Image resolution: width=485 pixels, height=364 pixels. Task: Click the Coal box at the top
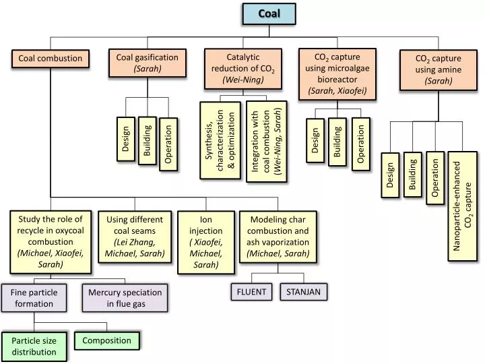tap(269, 13)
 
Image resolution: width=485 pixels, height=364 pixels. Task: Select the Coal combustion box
tap(50, 59)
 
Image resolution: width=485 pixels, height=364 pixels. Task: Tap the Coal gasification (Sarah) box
tap(147, 63)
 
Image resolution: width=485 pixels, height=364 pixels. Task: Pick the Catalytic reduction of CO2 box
tap(243, 69)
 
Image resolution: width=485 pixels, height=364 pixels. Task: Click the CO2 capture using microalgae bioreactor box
tap(337, 73)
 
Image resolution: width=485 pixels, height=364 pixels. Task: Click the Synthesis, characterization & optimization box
tap(220, 140)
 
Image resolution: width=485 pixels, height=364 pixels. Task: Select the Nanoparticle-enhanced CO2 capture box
tap(463, 206)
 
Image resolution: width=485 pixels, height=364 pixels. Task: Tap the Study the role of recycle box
tap(50, 241)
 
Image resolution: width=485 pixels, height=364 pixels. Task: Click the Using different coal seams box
tap(135, 237)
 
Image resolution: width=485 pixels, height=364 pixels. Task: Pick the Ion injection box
tap(206, 243)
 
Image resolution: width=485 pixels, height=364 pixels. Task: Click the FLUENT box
tap(251, 292)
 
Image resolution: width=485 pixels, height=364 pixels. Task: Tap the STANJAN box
tap(303, 292)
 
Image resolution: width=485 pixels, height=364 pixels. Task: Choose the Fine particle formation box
tap(34, 298)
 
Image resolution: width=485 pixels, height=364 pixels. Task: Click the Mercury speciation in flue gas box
tap(125, 298)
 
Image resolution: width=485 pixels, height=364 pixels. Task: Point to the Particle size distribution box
tap(34, 346)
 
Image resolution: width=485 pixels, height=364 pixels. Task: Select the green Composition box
tap(106, 340)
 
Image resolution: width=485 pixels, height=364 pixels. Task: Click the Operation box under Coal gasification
tap(168, 144)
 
